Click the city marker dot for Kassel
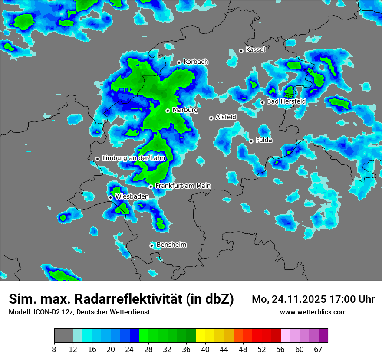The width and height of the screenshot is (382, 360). (241, 51)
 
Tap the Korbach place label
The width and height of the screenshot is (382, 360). (196, 62)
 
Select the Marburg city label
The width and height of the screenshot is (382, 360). (185, 110)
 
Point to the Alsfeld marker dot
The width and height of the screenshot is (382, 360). (211, 118)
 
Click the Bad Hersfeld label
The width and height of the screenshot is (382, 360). (286, 101)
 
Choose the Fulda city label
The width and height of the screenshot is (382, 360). (264, 140)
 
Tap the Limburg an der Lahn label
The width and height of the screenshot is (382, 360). (134, 158)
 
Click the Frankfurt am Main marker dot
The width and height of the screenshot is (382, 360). (151, 187)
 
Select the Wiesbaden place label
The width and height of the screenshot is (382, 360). (132, 196)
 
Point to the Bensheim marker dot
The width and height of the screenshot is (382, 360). (151, 245)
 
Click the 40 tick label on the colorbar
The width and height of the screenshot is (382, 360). (205, 350)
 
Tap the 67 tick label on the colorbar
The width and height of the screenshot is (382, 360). (319, 350)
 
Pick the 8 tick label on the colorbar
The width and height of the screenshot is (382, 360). (54, 350)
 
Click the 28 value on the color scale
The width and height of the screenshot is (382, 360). (148, 350)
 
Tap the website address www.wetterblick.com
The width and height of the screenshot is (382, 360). (313, 312)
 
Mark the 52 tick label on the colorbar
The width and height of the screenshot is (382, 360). (262, 350)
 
